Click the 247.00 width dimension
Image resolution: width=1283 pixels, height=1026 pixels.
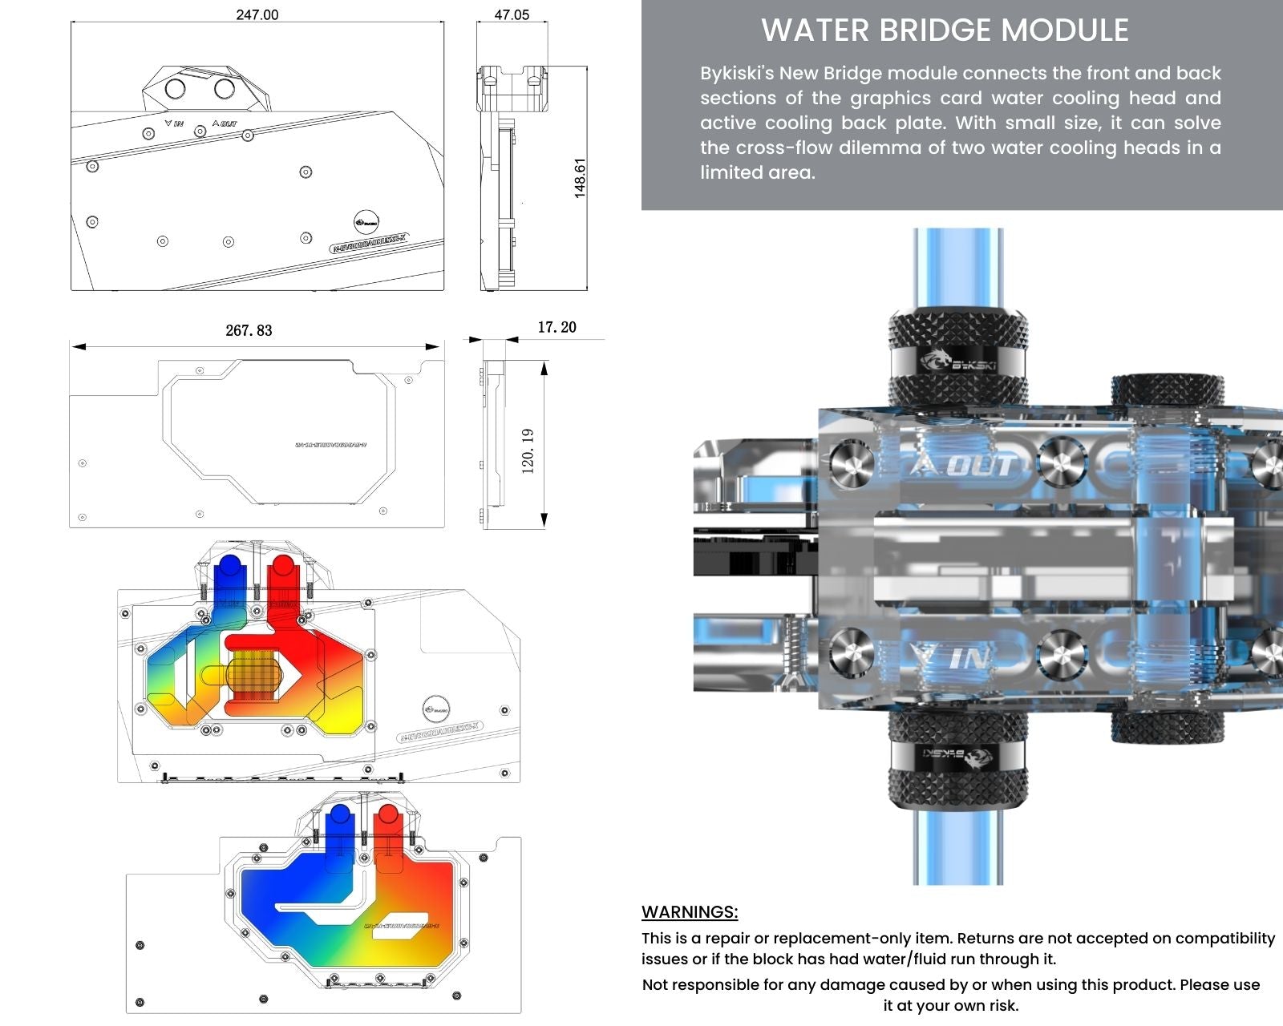click(x=257, y=14)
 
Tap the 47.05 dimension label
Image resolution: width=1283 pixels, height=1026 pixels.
click(x=512, y=14)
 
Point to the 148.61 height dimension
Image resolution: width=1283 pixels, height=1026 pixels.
click(x=580, y=177)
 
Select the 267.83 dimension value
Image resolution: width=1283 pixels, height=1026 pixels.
click(x=249, y=330)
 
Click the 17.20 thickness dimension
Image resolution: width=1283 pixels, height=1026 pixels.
click(x=557, y=327)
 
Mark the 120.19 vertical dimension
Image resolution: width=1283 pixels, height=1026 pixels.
click(x=528, y=450)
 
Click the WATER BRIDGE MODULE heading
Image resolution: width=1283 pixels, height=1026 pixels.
click(x=945, y=30)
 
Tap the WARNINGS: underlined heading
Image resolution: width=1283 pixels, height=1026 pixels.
click(x=690, y=912)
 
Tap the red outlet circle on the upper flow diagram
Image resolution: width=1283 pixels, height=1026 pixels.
click(x=281, y=568)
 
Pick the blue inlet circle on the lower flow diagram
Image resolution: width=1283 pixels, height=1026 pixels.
click(x=339, y=816)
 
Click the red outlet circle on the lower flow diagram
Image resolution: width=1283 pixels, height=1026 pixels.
click(x=387, y=816)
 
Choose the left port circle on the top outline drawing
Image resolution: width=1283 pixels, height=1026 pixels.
click(x=175, y=88)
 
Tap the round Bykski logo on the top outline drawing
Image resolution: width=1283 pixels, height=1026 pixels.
click(x=366, y=221)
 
